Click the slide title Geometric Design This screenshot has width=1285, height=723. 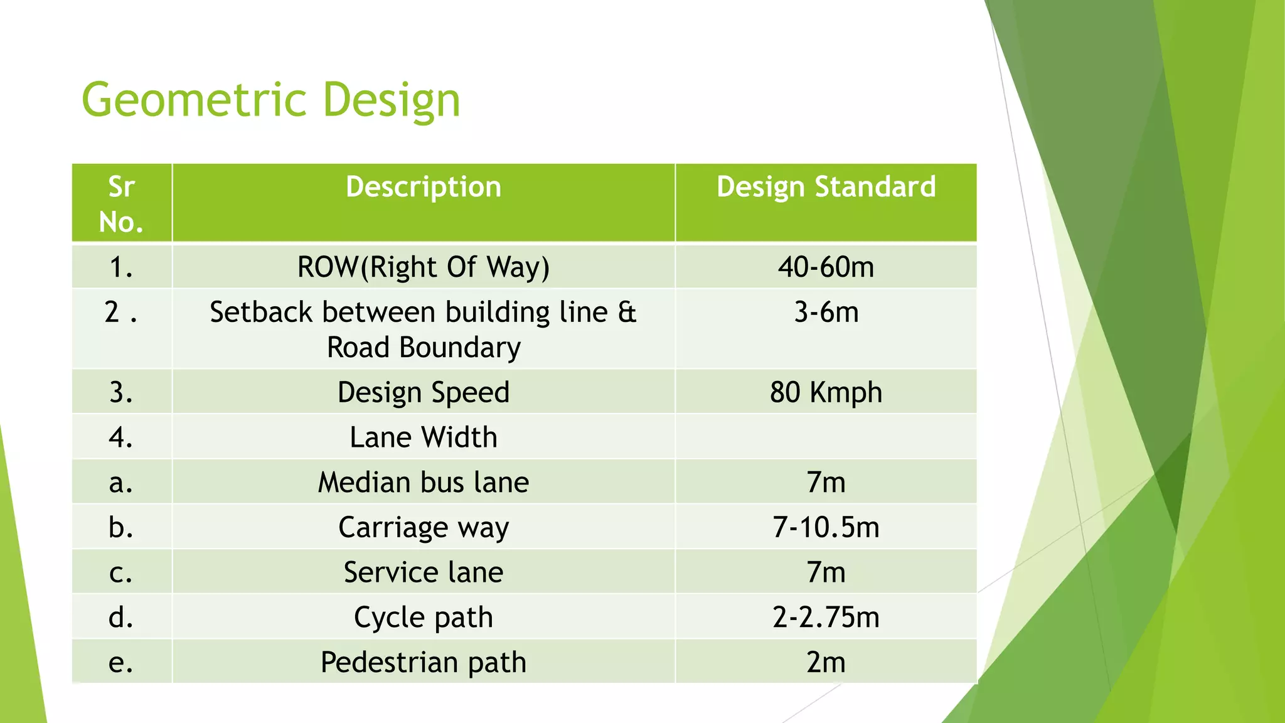271,100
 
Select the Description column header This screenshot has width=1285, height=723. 424,187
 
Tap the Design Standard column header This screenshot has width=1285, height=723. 826,187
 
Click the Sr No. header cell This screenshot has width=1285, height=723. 121,204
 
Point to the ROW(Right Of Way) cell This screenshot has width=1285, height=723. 424,267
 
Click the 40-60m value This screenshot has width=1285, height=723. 826,267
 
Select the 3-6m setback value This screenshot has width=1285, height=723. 826,312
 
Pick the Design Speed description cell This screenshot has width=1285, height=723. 424,392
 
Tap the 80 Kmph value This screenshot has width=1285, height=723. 826,392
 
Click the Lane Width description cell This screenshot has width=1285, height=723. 424,437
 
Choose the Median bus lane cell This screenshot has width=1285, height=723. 424,483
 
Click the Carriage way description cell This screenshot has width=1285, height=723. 424,527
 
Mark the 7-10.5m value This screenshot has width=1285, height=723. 826,527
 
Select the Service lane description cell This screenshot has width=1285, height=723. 424,572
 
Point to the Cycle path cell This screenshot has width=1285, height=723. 424,618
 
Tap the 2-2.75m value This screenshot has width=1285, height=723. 826,618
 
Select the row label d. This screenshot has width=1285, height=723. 120,618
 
